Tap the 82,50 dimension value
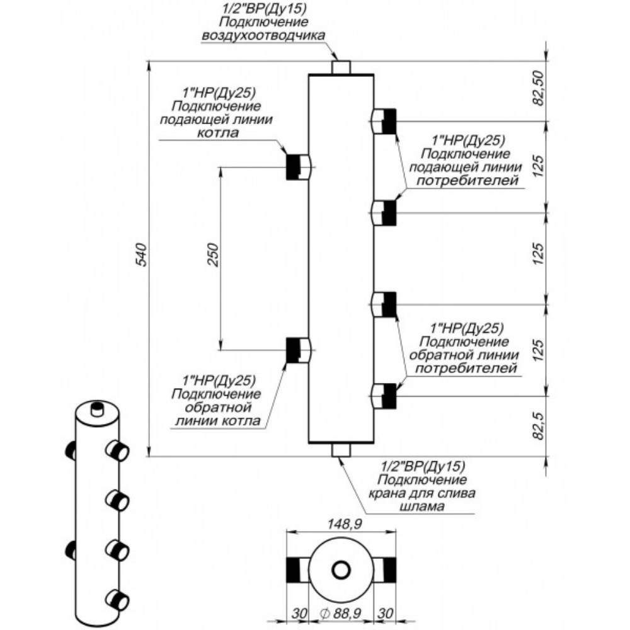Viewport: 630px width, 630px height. (x=537, y=90)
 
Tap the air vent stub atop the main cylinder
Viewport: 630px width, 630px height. (x=341, y=66)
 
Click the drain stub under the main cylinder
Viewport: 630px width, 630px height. (x=341, y=450)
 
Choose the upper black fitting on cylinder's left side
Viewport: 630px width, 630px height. (x=294, y=167)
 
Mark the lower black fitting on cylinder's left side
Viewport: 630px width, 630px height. (x=294, y=350)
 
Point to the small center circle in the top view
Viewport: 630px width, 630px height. (x=341, y=570)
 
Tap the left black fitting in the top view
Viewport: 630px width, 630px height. (x=295, y=570)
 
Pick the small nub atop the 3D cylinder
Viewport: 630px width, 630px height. (x=96, y=408)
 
